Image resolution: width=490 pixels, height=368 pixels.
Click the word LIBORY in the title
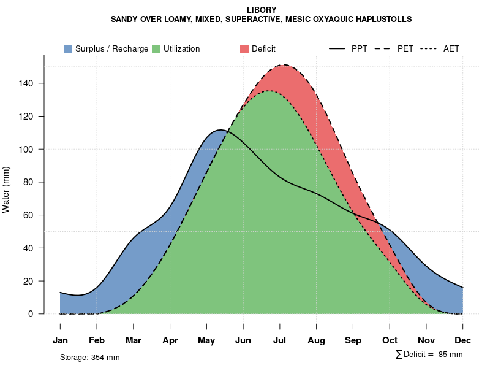coord(262,10)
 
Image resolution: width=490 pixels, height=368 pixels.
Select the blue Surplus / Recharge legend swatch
coord(67,48)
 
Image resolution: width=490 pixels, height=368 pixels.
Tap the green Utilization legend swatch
coord(156,48)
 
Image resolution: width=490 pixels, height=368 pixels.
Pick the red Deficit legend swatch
coord(244,48)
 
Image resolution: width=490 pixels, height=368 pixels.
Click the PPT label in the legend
coord(360,48)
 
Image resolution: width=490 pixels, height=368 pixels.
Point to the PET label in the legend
coord(405,48)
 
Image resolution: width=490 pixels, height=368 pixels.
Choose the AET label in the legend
coord(451,48)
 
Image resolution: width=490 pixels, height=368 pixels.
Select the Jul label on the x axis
coord(280,340)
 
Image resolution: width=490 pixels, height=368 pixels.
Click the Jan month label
coord(60,340)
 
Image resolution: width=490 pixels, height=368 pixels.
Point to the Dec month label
coord(463,340)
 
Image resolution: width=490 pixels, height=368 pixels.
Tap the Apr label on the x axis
coord(170,340)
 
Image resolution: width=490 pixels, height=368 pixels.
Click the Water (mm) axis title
coord(6,190)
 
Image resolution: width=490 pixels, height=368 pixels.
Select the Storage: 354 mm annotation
coord(89,357)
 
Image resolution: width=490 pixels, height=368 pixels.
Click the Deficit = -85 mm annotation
coord(429,354)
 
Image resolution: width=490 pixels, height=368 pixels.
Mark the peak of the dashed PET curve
coord(284,65)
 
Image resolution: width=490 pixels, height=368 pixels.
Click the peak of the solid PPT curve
coord(221,130)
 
